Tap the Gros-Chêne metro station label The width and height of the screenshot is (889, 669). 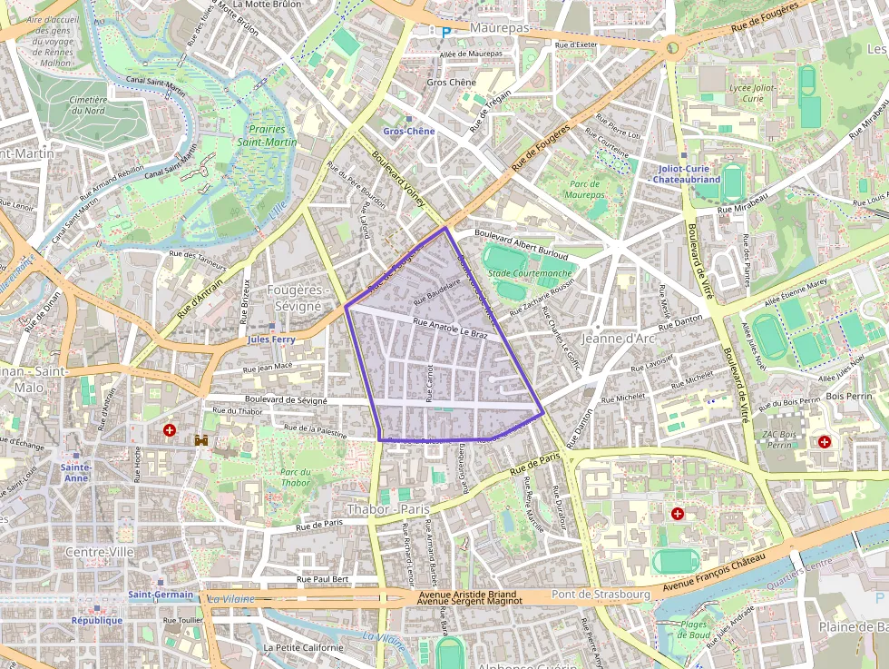tap(408, 132)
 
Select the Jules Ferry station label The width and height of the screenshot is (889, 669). tap(271, 339)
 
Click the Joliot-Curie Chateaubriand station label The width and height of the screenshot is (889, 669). tap(687, 173)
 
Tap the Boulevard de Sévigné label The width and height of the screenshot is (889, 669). tap(286, 399)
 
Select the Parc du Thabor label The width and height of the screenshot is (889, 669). tap(295, 477)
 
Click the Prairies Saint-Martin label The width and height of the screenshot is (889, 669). tap(267, 136)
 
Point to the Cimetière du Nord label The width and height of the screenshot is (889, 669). tap(88, 105)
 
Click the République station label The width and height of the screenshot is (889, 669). tap(97, 620)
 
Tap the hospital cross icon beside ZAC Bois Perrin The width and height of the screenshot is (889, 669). tap(824, 442)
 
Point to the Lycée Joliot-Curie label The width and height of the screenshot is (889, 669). tap(753, 93)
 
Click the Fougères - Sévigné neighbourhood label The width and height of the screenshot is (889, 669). tap(294, 298)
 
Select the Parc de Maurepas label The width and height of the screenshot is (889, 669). tap(584, 189)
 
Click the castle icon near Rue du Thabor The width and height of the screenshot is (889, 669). tap(201, 440)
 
